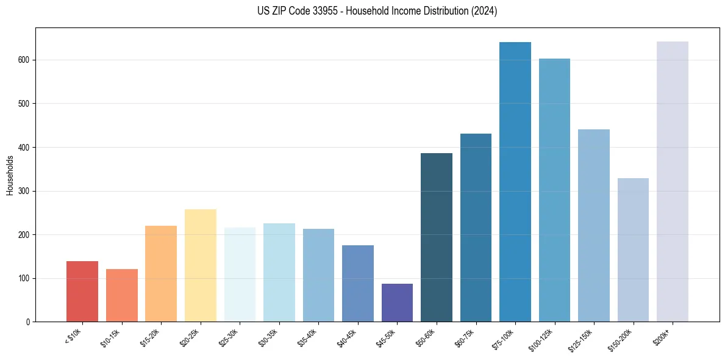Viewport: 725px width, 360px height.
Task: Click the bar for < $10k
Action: pos(82,292)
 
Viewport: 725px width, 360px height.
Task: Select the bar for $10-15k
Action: pos(121,295)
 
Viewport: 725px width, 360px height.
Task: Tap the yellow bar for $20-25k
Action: pos(200,265)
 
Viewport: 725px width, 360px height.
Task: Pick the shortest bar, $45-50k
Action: pos(397,303)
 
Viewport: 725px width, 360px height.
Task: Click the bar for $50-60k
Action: pos(437,237)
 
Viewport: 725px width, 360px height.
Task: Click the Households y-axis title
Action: pos(10,175)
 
